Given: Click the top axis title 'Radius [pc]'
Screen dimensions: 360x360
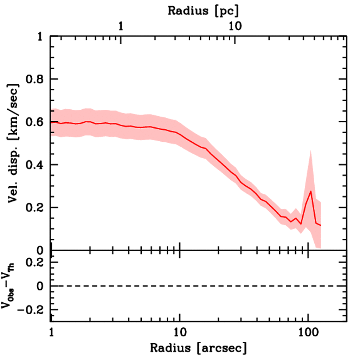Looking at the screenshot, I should click(x=203, y=11).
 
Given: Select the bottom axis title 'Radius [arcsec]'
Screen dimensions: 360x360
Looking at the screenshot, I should click(x=198, y=348).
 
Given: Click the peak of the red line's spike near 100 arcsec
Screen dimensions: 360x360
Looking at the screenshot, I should click(x=311, y=191).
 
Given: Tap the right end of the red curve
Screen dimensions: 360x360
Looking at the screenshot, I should click(x=321, y=225).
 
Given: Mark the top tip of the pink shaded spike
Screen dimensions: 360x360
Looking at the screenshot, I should click(x=310, y=150).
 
